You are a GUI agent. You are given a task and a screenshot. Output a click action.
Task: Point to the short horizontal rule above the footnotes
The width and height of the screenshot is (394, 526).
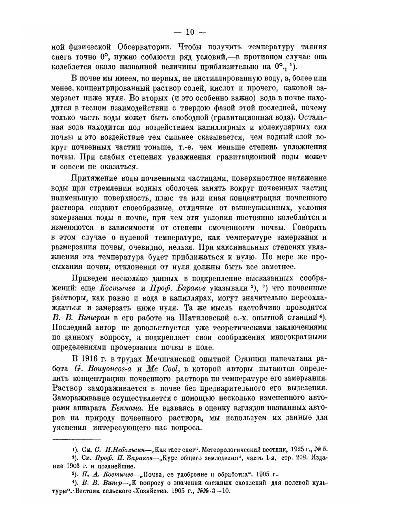tap(77, 439)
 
